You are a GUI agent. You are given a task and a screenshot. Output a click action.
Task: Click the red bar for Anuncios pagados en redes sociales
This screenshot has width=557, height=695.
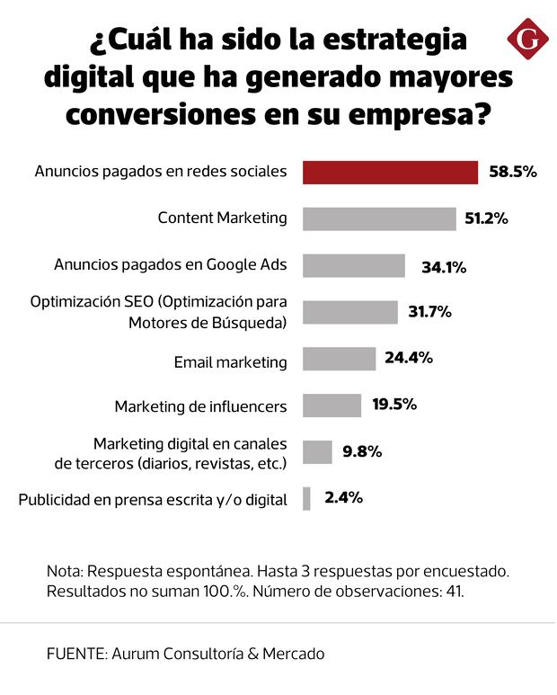click(390, 172)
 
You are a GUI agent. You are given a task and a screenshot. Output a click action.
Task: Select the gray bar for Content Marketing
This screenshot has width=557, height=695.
click(379, 218)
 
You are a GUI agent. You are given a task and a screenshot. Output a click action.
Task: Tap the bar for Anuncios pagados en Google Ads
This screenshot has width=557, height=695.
click(354, 265)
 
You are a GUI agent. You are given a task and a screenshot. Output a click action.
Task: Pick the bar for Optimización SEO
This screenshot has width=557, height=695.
click(349, 312)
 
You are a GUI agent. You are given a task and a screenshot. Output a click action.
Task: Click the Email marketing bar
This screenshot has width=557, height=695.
click(339, 359)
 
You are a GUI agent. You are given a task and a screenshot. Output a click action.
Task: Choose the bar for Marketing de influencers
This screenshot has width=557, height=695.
click(332, 405)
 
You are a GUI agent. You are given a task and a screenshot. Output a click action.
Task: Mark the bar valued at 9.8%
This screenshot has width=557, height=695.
click(317, 451)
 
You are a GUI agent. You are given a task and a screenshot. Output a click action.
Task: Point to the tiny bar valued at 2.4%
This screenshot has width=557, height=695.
click(306, 498)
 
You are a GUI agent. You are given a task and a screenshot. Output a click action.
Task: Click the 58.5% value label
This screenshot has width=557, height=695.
click(513, 172)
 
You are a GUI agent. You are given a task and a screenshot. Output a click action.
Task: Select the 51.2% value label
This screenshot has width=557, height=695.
click(486, 218)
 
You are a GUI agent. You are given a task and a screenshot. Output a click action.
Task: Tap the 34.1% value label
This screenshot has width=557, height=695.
click(444, 266)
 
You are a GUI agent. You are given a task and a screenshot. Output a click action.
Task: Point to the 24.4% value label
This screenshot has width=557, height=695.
click(409, 358)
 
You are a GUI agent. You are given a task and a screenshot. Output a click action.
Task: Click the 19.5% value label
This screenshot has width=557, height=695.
click(394, 405)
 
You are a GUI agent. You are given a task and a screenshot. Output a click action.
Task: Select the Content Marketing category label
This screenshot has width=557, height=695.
click(222, 218)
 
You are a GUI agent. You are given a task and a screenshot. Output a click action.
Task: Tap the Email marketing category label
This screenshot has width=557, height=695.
click(230, 362)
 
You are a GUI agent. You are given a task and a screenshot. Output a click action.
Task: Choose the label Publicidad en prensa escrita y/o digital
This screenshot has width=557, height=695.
click(153, 499)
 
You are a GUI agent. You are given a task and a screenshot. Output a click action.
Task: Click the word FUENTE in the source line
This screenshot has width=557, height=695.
click(75, 654)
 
